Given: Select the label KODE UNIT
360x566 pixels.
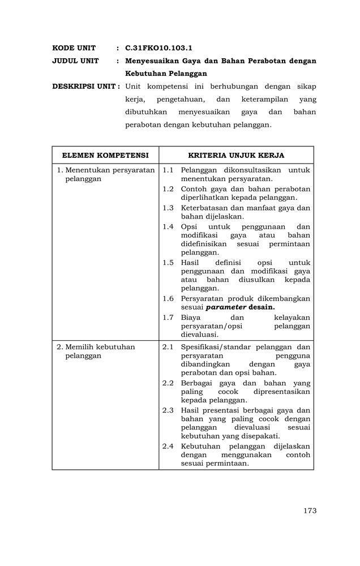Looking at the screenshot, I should [x=74, y=48].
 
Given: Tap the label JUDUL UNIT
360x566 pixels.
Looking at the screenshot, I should [x=75, y=61].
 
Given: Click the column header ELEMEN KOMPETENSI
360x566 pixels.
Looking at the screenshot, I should [x=105, y=155].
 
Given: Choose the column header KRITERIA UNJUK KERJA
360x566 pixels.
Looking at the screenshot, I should [x=236, y=155].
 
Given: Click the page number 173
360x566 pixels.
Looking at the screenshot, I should [x=309, y=511].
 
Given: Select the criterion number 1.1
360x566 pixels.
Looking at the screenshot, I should [x=168, y=170].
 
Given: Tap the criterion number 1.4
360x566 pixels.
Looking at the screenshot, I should [x=168, y=226].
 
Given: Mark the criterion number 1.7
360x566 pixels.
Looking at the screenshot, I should [x=168, y=318].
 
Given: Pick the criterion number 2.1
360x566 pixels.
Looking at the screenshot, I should [x=168, y=347].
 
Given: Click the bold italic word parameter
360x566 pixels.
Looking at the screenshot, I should [x=226, y=307].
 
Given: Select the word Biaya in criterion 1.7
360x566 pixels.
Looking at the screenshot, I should [x=191, y=318].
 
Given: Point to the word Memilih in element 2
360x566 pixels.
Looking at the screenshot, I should [x=79, y=347].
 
